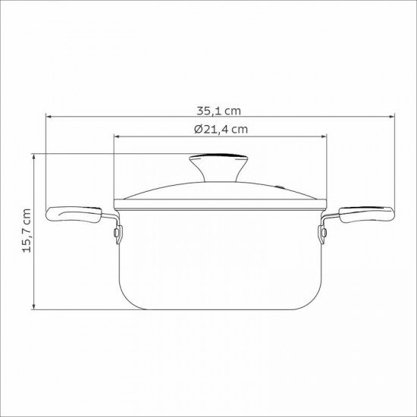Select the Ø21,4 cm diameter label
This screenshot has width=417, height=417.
point(221,129)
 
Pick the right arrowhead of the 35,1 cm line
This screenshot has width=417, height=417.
point(392,118)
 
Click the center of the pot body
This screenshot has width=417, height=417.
point(220,258)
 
